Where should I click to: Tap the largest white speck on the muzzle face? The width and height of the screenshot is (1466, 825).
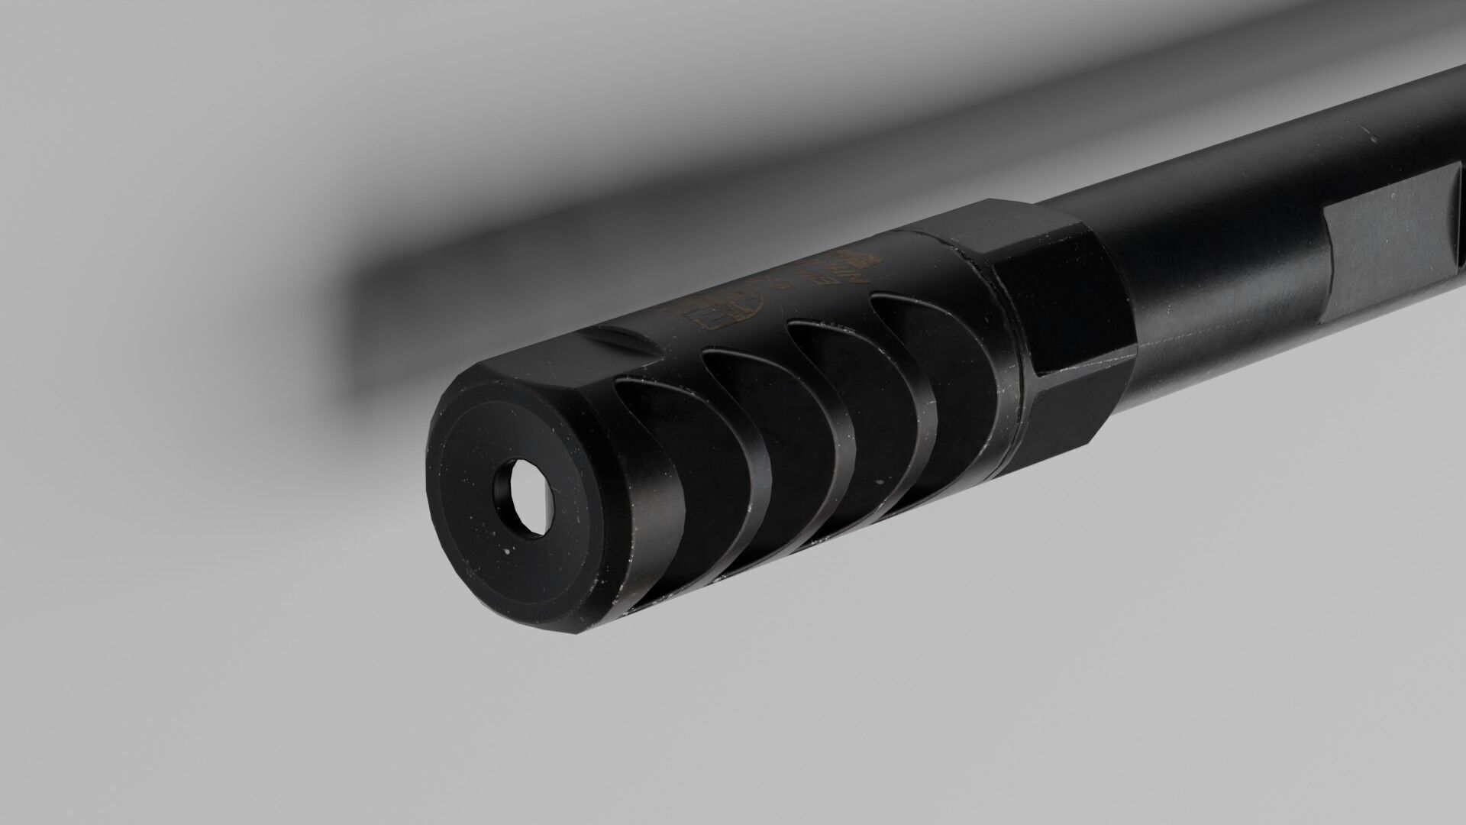coord(506,547)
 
